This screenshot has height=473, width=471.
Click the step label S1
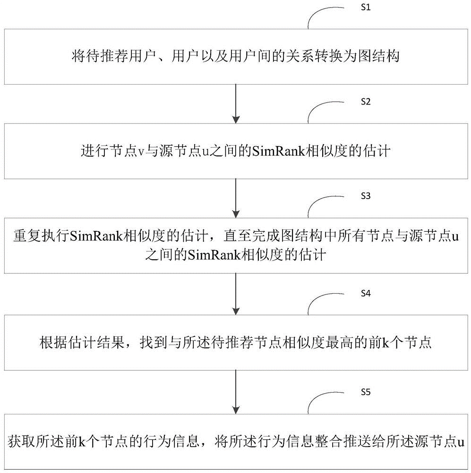(366, 8)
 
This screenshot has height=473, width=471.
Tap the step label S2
(366, 102)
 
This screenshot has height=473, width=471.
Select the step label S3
(366, 196)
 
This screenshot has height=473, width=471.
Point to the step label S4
(366, 293)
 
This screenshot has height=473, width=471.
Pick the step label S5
(366, 392)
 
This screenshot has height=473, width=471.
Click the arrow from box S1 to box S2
(236, 104)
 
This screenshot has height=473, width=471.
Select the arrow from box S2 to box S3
(236, 198)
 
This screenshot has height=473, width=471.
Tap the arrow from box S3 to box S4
(236, 294)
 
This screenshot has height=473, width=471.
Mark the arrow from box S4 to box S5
(236, 392)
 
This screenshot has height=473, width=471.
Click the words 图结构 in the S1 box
(378, 56)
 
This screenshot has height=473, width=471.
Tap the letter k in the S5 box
(83, 442)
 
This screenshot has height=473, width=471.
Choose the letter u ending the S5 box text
(461, 443)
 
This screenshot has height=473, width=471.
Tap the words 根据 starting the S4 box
(53, 343)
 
